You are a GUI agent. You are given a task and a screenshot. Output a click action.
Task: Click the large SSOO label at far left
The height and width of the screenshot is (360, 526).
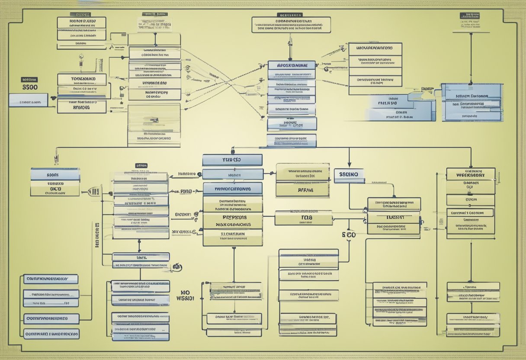point(29,87)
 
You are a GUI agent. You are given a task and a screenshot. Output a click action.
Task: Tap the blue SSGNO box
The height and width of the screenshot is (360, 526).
point(349,174)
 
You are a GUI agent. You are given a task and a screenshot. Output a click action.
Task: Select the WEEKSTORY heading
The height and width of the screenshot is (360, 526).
point(471,175)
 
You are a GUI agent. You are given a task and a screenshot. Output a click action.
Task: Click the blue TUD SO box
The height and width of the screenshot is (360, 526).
point(232,160)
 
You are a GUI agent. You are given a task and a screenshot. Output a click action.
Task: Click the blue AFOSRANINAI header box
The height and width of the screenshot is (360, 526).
point(291,65)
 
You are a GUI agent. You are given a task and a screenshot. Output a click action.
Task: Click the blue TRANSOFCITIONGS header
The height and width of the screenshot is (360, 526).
point(232,189)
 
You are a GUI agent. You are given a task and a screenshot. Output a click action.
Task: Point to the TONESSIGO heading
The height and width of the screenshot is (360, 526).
point(82,79)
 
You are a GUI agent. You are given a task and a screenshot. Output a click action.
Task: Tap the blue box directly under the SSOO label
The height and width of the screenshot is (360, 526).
point(29,102)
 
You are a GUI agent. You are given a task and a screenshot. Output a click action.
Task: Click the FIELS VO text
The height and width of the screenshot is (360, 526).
point(387,103)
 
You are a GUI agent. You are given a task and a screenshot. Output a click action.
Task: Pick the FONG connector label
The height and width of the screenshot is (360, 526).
point(186,191)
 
